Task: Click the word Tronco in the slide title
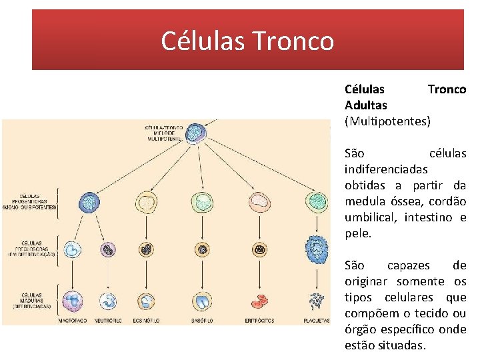tap(293, 41)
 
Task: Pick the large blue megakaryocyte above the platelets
tap(315, 251)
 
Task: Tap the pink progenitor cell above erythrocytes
tap(259, 201)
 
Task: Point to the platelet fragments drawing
tap(315, 301)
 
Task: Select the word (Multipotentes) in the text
tap(387, 121)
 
